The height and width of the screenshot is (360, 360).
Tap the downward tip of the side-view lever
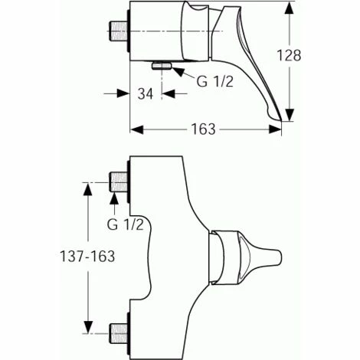286,117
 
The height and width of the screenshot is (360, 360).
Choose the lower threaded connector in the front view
119,334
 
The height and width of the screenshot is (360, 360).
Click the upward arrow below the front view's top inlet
114,201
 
